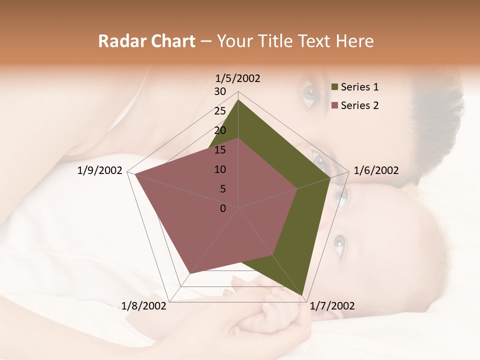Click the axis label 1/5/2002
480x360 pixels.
coord(238,78)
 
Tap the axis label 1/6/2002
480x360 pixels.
coord(376,170)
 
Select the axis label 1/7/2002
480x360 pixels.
coord(332,305)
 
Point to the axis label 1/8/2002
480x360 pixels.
coord(144,305)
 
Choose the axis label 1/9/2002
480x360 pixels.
coord(100,170)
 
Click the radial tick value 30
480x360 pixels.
coord(220,91)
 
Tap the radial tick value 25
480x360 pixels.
coord(220,111)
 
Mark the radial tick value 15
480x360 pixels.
coord(220,150)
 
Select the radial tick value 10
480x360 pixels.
coord(220,169)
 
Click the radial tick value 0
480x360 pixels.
coord(223,208)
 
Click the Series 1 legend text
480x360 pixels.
coord(359,87)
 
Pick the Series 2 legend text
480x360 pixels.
coord(359,105)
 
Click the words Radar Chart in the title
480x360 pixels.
coord(146,41)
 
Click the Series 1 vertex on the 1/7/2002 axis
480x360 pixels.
coord(304,296)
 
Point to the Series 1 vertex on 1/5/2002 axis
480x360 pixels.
coord(238,100)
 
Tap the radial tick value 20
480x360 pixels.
coord(220,130)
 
